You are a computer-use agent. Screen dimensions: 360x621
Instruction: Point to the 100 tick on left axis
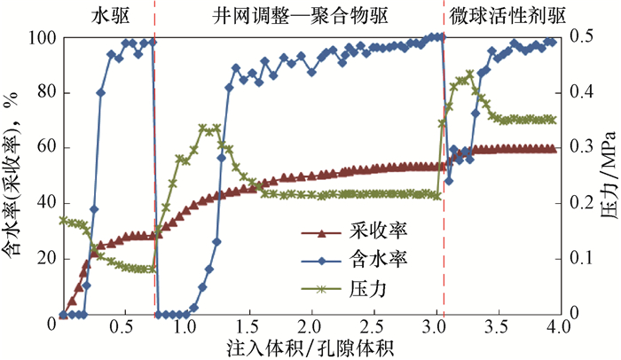(x=39, y=38)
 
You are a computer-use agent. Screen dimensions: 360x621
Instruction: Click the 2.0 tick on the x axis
(x=309, y=328)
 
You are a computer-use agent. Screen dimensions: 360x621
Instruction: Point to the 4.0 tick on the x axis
(x=556, y=328)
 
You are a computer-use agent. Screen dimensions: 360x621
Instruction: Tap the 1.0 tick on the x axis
(x=185, y=328)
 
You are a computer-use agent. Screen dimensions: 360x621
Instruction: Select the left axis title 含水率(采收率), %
(x=13, y=177)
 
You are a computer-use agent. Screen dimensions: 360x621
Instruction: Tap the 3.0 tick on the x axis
(x=432, y=328)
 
